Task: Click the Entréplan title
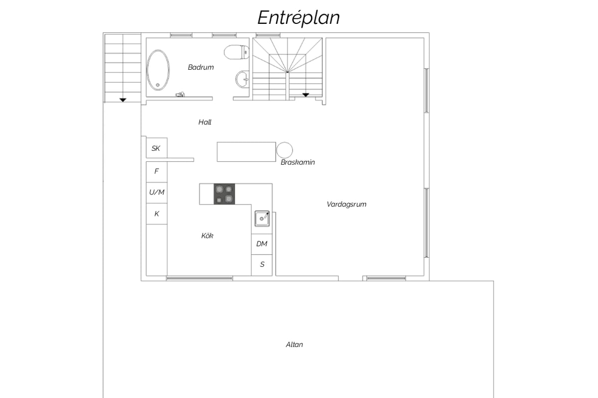click(x=299, y=18)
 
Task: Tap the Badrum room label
click(x=201, y=67)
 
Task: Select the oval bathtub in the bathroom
click(x=158, y=70)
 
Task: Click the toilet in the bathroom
click(x=237, y=52)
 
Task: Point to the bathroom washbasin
click(x=242, y=79)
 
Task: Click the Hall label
click(x=205, y=122)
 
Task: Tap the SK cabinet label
click(x=155, y=148)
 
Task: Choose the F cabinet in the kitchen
click(x=156, y=172)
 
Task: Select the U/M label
click(x=156, y=192)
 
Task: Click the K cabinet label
click(x=156, y=213)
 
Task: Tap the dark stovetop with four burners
click(x=224, y=194)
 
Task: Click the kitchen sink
click(x=262, y=218)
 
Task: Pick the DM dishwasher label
click(x=262, y=244)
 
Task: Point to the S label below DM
click(x=262, y=265)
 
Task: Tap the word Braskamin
click(x=298, y=162)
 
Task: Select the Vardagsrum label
click(x=346, y=204)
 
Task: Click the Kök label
click(x=207, y=236)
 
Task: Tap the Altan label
click(x=294, y=344)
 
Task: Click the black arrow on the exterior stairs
click(x=123, y=100)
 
